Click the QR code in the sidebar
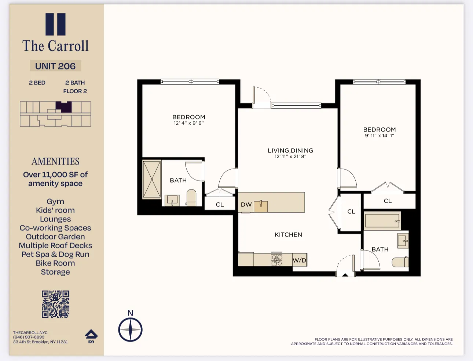[x=55, y=304]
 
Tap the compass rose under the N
[x=130, y=329]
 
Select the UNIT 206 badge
[x=55, y=66]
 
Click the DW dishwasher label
[x=246, y=205]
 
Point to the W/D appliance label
[x=299, y=260]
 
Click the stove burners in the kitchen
[x=277, y=260]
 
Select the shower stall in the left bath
[x=152, y=179]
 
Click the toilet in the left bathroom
[x=191, y=198]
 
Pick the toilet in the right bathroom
[x=400, y=262]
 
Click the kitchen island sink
[x=261, y=206]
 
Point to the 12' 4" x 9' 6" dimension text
[x=188, y=123]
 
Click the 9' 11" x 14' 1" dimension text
[x=379, y=136]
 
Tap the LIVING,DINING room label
[x=290, y=151]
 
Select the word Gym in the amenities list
[x=55, y=201]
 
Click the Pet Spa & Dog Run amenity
[x=55, y=254]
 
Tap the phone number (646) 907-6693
[x=29, y=337]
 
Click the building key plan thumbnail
[x=55, y=114]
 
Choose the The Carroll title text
[x=55, y=46]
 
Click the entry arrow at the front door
[x=345, y=274]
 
